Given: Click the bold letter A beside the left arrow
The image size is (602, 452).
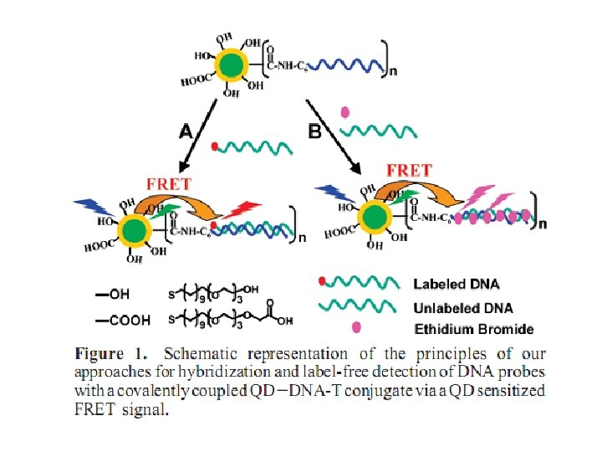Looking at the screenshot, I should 189,130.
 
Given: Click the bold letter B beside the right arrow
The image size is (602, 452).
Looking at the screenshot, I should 315,130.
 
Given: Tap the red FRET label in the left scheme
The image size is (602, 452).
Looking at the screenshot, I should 169,182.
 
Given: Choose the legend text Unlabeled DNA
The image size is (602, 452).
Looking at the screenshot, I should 463,307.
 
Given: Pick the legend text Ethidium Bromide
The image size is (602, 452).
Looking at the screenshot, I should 474,329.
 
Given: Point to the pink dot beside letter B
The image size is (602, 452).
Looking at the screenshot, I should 345,111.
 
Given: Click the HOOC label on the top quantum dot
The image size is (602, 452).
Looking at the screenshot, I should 194,82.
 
